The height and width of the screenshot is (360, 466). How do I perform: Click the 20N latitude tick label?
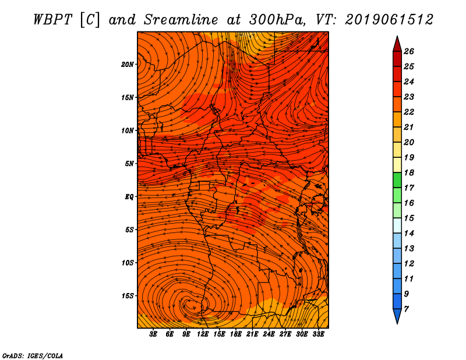(x=127, y=65)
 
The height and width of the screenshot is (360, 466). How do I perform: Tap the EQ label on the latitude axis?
(x=129, y=197)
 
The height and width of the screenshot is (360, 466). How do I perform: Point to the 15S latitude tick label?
(x=127, y=296)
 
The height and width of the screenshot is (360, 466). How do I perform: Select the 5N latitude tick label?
(x=129, y=164)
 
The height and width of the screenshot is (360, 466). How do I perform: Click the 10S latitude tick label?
(x=127, y=263)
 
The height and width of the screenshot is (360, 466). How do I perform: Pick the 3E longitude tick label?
(x=153, y=334)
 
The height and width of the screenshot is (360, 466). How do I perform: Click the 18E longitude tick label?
(x=236, y=334)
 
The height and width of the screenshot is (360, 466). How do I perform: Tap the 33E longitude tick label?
(x=318, y=334)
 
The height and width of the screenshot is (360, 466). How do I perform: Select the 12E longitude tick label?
(x=203, y=334)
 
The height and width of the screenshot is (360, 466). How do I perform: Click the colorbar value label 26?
(x=409, y=51)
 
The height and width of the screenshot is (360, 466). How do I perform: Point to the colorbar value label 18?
(x=409, y=172)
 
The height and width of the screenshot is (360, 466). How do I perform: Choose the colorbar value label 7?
(x=406, y=309)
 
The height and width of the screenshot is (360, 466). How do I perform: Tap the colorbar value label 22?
(x=409, y=112)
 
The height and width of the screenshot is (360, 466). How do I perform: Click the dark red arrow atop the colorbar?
(x=397, y=44)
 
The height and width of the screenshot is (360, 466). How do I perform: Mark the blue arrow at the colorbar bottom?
(x=397, y=316)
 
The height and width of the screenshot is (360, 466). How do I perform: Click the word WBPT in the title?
(x=52, y=20)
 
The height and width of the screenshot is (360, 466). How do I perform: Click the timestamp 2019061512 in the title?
(x=389, y=20)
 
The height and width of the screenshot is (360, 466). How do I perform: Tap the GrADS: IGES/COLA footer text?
(x=33, y=356)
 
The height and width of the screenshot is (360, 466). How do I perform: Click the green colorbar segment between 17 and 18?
(x=397, y=180)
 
